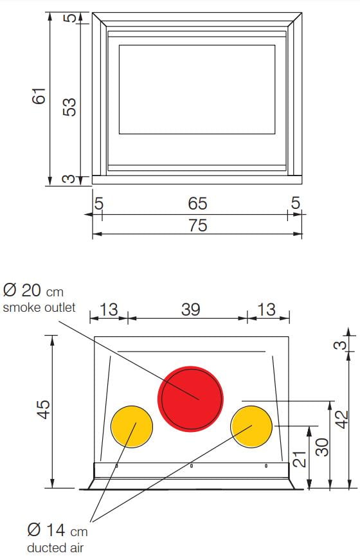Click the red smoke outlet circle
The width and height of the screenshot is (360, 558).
(191, 399)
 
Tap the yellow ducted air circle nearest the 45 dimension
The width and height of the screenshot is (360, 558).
(132, 426)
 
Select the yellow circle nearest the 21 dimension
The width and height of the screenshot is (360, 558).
(251, 426)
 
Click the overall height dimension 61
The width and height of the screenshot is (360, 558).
(39, 95)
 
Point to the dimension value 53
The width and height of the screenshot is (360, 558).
(69, 107)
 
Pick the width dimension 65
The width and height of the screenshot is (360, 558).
(197, 204)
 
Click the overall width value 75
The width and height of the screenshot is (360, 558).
(198, 226)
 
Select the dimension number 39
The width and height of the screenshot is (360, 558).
(191, 309)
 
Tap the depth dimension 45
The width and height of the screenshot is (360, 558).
(44, 410)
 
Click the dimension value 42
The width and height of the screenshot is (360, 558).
(342, 419)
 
